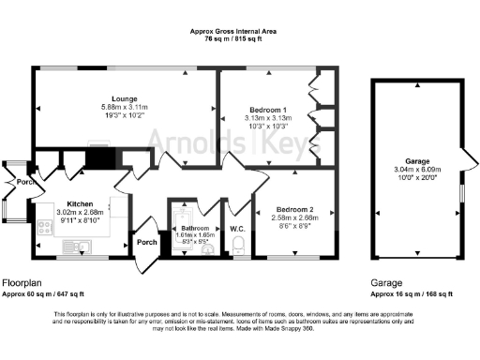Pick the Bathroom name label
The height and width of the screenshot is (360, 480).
pyautogui.click(x=195, y=228)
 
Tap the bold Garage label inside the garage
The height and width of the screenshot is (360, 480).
pyautogui.click(x=417, y=161)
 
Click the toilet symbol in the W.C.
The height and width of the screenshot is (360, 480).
pyautogui.click(x=237, y=246)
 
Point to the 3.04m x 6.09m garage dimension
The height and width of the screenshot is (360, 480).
pyautogui.click(x=417, y=170)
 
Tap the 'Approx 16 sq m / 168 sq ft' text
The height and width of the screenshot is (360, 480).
pyautogui.click(x=412, y=293)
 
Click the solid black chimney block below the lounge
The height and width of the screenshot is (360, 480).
pyautogui.click(x=99, y=159)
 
